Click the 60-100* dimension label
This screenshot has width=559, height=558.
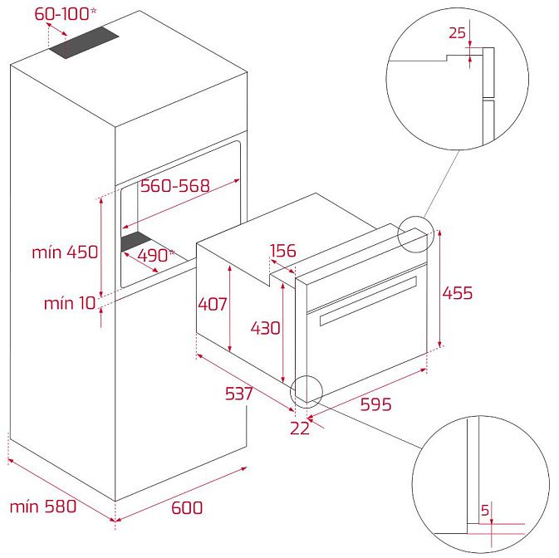[66, 14]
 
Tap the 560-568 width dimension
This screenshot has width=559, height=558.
[174, 186]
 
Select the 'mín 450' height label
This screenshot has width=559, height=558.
[65, 252]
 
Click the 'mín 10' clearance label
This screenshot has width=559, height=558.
[70, 303]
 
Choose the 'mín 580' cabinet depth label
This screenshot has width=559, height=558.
[43, 507]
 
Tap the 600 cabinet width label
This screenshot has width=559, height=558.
[187, 507]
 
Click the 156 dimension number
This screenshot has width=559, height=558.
[283, 251]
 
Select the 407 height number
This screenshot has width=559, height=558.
[213, 304]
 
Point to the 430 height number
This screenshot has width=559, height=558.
[265, 328]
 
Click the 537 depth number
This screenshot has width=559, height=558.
[239, 394]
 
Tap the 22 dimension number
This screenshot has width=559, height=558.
[300, 428]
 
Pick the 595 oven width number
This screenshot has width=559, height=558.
[375, 404]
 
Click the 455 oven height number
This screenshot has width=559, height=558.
[458, 293]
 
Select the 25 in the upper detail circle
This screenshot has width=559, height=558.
[457, 32]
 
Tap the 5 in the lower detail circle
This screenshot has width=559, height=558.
[485, 510]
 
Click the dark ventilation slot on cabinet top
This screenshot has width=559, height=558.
[84, 42]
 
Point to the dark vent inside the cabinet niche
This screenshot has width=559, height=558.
[136, 242]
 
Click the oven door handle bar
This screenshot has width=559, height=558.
[368, 301]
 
